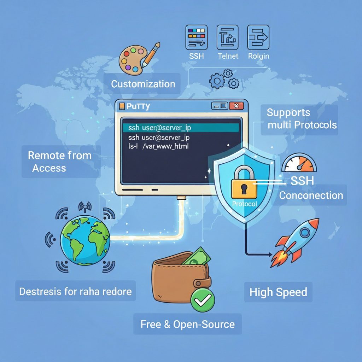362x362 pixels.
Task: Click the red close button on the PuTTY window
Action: coord(236,106)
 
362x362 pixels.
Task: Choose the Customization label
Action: coord(143,84)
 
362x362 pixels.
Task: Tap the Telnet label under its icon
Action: coord(228,56)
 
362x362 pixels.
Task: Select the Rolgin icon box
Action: coord(258,37)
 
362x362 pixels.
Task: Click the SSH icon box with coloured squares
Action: coord(197,37)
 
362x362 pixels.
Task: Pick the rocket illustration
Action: coord(296,242)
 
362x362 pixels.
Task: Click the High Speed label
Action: coord(278,292)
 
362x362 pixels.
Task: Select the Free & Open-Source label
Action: coord(187,324)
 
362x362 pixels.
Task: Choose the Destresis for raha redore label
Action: coord(75,292)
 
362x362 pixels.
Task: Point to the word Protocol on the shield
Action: coord(245,204)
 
